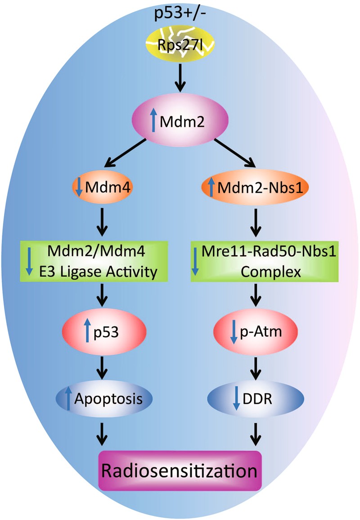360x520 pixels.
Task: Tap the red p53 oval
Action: pos(103,334)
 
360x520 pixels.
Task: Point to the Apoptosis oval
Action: pos(103,398)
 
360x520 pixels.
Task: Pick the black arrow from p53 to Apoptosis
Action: pos(103,366)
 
